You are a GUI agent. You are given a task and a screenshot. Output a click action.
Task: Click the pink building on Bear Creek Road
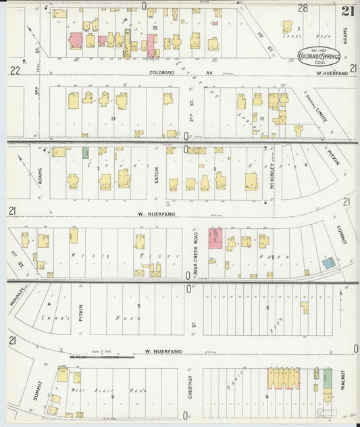click(x=215, y=238)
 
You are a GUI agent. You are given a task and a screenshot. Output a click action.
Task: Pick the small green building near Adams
click(x=86, y=153)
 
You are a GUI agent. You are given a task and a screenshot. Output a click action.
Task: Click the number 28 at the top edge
click(x=303, y=8)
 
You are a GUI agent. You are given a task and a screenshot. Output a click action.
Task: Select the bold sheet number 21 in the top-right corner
click(x=348, y=10)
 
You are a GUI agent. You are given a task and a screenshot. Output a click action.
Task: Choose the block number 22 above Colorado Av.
click(x=155, y=27)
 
